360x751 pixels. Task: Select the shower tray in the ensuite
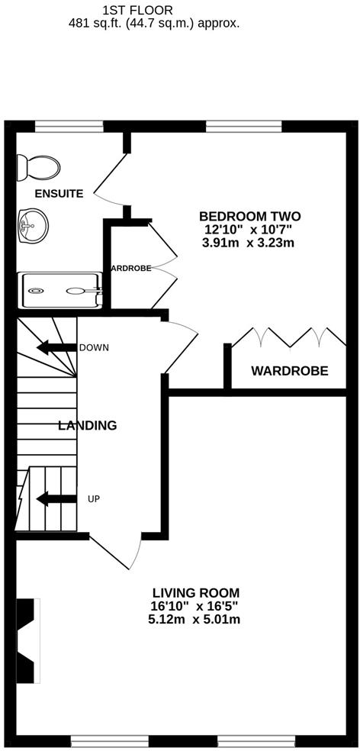(x=60, y=290)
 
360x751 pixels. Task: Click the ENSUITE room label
(x=58, y=194)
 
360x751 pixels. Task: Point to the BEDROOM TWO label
(x=249, y=216)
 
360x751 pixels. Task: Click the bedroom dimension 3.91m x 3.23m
(x=248, y=243)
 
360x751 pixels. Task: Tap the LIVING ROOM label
(x=196, y=592)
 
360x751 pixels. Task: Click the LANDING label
(x=88, y=426)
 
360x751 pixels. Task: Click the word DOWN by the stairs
(x=94, y=348)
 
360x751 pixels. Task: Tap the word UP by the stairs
(x=95, y=499)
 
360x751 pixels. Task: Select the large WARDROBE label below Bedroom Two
(x=290, y=372)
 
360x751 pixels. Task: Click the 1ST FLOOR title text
(x=137, y=10)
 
